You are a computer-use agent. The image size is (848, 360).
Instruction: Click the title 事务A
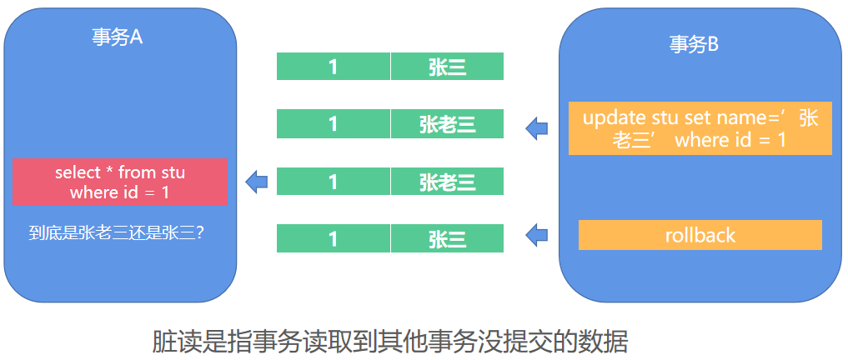(x=118, y=37)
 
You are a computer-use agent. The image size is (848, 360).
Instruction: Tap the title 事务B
(x=694, y=44)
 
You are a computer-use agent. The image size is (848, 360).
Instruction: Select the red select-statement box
(x=120, y=182)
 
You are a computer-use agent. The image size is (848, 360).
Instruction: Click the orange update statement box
(x=700, y=128)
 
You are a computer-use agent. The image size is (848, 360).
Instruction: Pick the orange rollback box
(x=700, y=235)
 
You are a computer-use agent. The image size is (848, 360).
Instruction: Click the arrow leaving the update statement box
(x=536, y=128)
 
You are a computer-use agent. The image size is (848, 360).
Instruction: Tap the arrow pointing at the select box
(x=256, y=182)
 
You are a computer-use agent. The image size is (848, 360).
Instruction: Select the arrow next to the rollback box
(x=536, y=235)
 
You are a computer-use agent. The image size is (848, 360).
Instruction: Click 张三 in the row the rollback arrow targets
(x=447, y=238)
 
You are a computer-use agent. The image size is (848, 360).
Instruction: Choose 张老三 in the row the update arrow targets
(x=447, y=124)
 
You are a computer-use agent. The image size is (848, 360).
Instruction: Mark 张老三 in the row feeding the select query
(x=447, y=182)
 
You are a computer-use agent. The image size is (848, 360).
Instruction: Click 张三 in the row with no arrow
(x=447, y=67)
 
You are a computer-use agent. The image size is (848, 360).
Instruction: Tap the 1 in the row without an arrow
(x=334, y=67)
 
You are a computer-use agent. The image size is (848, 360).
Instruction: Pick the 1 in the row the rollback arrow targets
(x=334, y=238)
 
